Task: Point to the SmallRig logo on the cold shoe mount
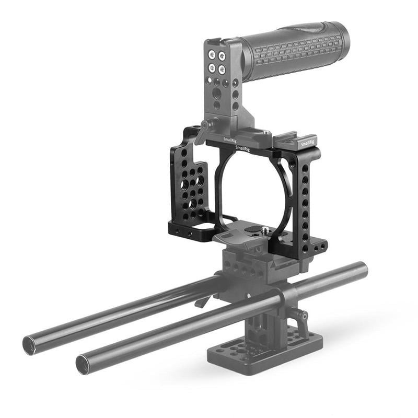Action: [x=307, y=141]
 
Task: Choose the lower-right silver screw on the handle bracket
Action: [x=222, y=68]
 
